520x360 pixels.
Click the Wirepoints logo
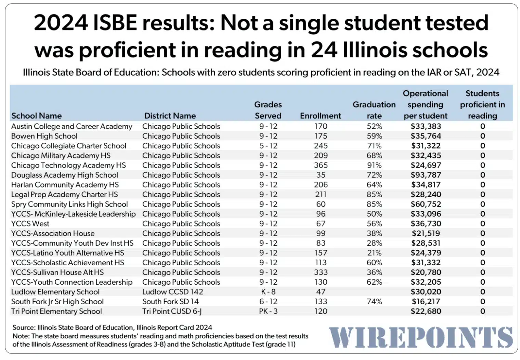click(421, 337)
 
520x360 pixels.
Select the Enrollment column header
click(320, 116)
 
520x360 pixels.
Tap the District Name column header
click(170, 116)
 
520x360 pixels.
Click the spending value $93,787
click(426, 175)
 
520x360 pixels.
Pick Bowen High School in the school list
click(44, 136)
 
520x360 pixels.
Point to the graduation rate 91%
click(374, 165)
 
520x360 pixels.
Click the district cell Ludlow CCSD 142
click(172, 292)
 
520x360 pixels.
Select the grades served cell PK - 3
click(268, 311)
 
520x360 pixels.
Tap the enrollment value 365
click(321, 165)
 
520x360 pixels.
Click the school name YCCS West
click(30, 224)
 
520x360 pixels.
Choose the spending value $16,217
click(426, 302)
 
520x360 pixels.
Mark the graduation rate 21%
click(374, 253)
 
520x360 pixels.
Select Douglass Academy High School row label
click(64, 175)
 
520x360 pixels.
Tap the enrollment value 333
click(321, 272)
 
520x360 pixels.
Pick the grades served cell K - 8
click(268, 292)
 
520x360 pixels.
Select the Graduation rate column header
click(374, 110)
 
